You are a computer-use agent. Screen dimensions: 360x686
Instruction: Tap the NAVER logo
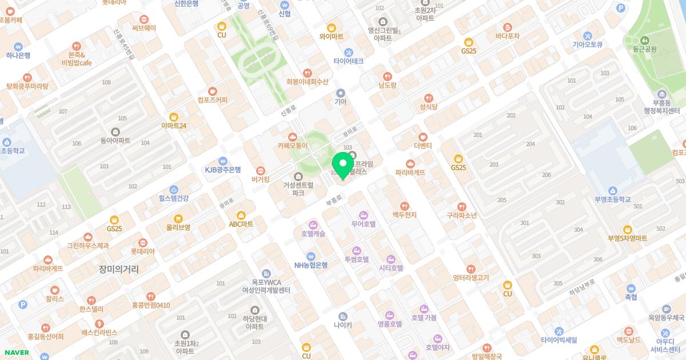pyautogui.click(x=16, y=353)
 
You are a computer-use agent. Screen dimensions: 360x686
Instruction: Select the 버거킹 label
pyautogui.click(x=260, y=179)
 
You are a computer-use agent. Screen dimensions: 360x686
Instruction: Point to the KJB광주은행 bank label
pyautogui.click(x=223, y=170)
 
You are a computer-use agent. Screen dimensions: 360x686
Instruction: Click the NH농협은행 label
pyautogui.click(x=311, y=265)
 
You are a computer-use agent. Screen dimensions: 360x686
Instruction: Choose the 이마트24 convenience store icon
pyautogui.click(x=174, y=117)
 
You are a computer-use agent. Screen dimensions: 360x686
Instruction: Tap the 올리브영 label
pyautogui.click(x=178, y=227)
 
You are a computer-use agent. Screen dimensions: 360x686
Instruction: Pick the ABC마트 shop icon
pyautogui.click(x=241, y=215)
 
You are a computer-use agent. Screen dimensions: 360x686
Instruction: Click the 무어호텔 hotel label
pyautogui.click(x=363, y=224)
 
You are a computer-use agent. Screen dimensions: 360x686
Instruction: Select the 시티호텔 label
pyautogui.click(x=391, y=267)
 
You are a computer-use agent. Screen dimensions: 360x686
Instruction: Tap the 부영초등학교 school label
pyautogui.click(x=612, y=199)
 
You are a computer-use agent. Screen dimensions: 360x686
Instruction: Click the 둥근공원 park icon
pyautogui.click(x=645, y=40)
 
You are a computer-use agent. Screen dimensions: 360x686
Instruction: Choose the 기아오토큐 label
pyautogui.click(x=588, y=44)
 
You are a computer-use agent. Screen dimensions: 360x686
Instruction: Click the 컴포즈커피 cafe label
pyautogui.click(x=213, y=100)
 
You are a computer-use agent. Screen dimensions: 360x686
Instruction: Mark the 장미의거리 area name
pyautogui.click(x=118, y=269)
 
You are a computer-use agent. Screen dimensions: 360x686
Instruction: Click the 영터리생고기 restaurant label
pyautogui.click(x=470, y=278)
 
